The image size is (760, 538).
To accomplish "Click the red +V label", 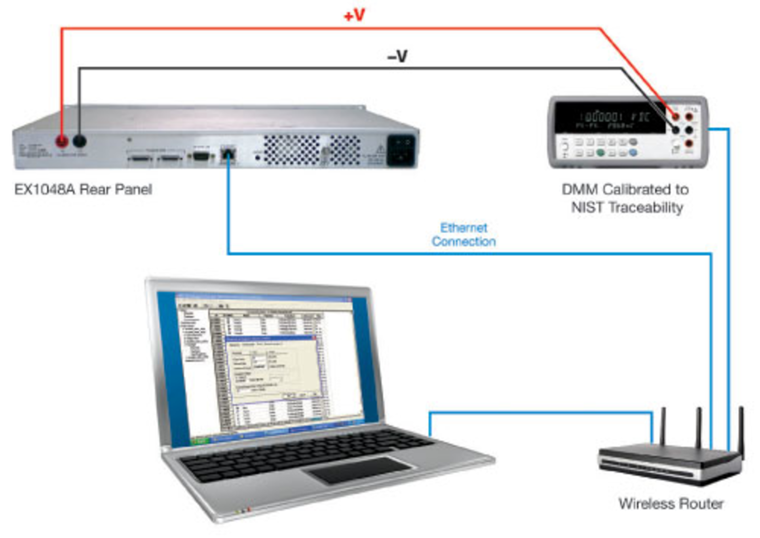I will pos(354,16).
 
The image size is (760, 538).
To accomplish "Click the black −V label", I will pos(397,57).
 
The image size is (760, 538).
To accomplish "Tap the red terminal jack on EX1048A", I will pos(62,141).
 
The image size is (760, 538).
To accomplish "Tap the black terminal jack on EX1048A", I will pos(80,141).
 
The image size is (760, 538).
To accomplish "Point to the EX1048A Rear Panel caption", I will pos(83,190).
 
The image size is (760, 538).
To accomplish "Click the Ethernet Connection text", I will pos(464,234).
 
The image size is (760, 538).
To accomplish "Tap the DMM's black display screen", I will pos(610,118).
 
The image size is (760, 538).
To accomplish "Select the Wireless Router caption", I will pos(671,504).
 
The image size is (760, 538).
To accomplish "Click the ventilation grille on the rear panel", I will pos(292,150).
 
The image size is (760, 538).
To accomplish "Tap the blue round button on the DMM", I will pos(633,152).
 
